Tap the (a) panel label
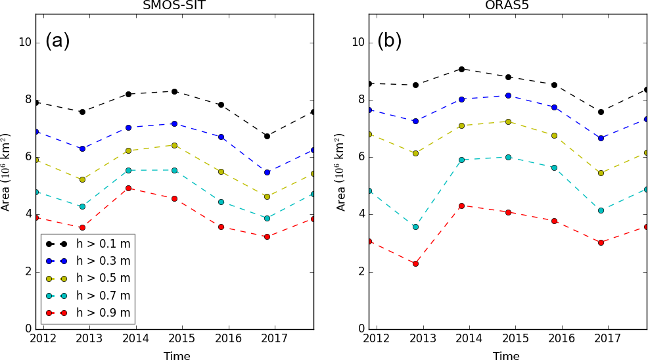57,41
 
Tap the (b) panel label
389,41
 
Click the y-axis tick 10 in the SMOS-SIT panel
25,43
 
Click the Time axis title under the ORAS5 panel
505,355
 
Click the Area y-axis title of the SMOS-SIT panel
6,171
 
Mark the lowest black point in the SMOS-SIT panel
267,136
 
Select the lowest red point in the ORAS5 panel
415,263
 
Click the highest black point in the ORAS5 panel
462,69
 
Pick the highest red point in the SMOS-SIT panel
128,188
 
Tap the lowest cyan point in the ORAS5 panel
415,227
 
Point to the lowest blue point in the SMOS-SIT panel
267,172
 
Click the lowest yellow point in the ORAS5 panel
601,173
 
